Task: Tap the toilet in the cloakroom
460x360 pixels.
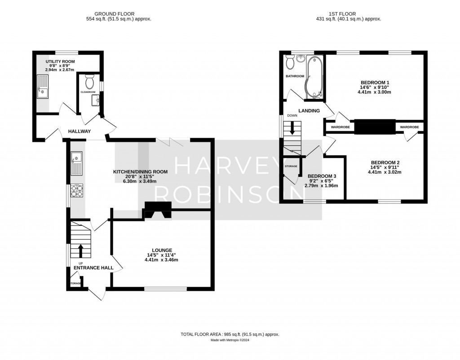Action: click(x=88, y=82)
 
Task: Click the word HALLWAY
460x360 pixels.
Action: click(x=80, y=132)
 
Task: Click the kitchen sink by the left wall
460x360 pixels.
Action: click(x=75, y=163)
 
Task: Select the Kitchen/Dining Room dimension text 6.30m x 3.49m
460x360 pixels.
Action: click(x=141, y=182)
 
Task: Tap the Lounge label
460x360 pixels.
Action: click(x=162, y=250)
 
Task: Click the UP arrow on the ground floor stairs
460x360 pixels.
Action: click(x=81, y=249)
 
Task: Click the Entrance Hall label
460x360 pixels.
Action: click(x=93, y=268)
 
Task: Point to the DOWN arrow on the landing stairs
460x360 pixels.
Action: click(x=293, y=129)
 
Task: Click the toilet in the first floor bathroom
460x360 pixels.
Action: click(x=290, y=63)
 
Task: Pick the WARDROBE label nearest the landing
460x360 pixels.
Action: click(x=340, y=127)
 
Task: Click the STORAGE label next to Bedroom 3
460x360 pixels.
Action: click(x=291, y=167)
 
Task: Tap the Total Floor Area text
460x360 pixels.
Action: click(x=230, y=334)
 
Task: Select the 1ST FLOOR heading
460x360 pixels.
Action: click(x=349, y=14)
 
